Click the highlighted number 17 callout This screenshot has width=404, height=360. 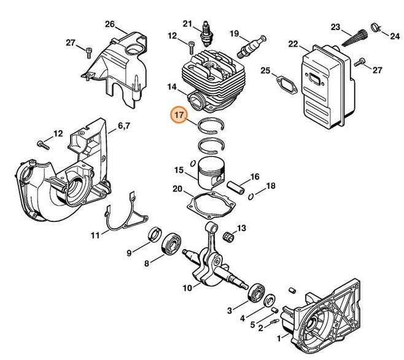click(179, 115)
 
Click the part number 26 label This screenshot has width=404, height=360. click(109, 25)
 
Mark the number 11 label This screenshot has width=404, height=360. click(95, 235)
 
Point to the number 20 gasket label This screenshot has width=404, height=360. click(177, 189)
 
